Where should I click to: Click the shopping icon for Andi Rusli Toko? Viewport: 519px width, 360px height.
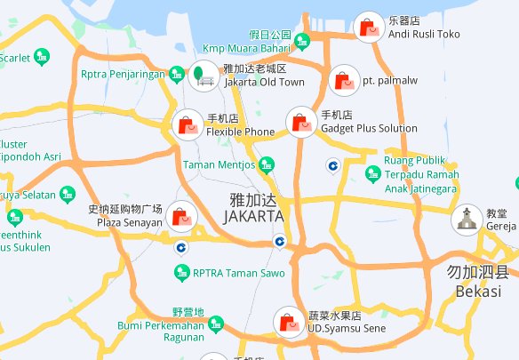click(366, 28)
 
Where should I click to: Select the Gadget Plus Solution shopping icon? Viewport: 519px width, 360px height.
click(300, 122)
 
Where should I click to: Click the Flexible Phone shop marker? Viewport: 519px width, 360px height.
click(187, 124)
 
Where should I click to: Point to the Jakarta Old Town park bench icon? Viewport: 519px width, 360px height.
click(203, 76)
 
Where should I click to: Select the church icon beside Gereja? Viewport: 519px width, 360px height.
click(465, 220)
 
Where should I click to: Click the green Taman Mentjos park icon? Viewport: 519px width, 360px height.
click(266, 164)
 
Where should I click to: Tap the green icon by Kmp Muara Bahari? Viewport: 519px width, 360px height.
click(302, 40)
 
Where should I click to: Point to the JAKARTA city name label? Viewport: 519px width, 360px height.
click(254, 208)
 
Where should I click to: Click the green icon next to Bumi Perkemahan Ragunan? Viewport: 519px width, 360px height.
click(215, 325)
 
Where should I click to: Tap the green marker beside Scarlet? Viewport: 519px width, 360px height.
click(42, 59)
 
